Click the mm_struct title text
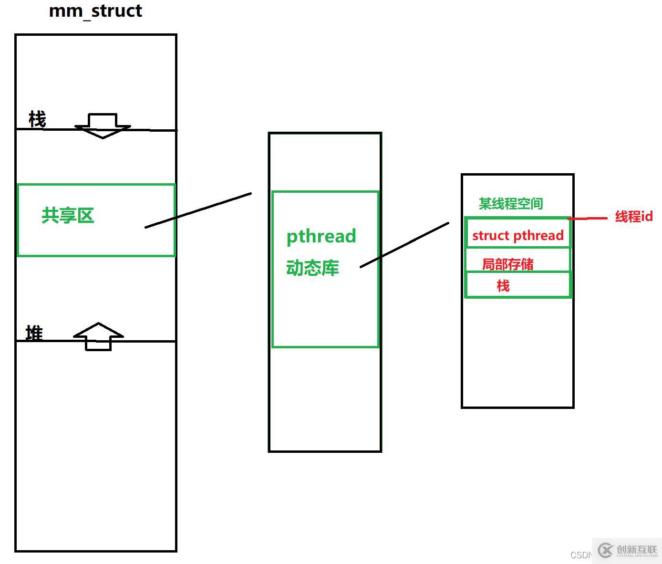95,11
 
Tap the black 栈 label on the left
37,119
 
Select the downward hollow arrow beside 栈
103,125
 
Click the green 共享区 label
68,215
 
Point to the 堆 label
34,333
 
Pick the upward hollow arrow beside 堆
98,336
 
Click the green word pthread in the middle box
321,237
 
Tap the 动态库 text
312,268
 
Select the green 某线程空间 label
511,204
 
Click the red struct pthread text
518,236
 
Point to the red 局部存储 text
507,264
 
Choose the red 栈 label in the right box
503,285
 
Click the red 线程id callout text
634,217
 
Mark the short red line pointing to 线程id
588,219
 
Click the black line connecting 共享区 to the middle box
198,210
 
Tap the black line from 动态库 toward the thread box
404,245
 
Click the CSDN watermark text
580,555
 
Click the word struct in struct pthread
491,236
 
